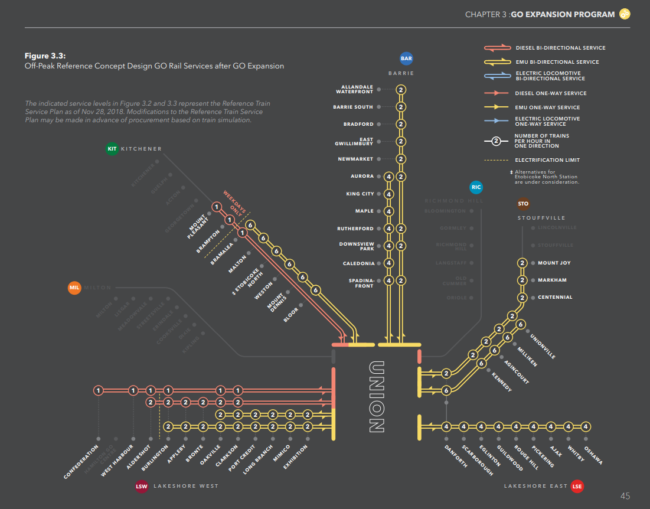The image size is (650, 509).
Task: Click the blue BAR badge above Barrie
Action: (406, 58)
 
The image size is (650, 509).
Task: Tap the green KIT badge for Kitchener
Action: (112, 149)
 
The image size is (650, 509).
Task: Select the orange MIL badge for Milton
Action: (74, 288)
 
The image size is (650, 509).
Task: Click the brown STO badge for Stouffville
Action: (523, 204)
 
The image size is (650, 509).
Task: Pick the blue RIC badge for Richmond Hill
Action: (476, 188)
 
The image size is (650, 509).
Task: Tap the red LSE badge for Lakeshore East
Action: (577, 486)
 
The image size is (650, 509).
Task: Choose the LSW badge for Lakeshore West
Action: (141, 486)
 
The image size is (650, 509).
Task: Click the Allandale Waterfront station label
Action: (354, 90)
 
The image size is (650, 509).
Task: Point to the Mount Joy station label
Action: (554, 263)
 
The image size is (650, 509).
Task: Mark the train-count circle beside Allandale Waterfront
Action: (401, 90)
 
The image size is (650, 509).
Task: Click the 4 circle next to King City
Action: (388, 194)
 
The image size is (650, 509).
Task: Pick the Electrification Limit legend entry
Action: (547, 160)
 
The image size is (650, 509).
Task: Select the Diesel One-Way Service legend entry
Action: (551, 93)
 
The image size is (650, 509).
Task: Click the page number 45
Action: (625, 495)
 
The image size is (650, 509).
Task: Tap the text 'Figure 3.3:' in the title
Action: (44, 56)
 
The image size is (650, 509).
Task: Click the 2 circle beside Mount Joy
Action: (522, 263)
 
